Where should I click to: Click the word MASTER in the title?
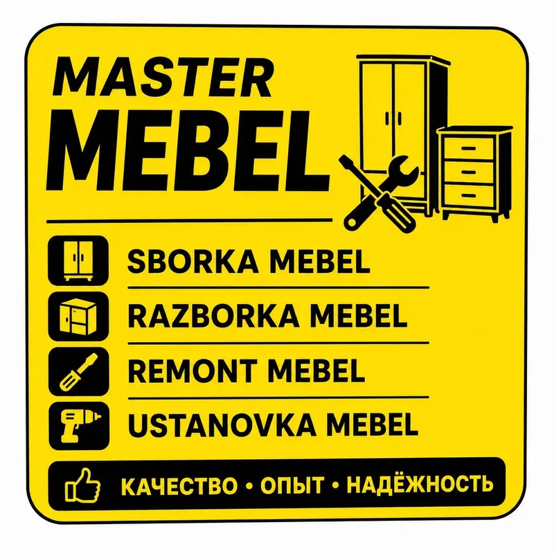tap(163, 77)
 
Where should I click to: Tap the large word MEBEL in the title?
tap(188, 151)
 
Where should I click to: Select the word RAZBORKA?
tap(213, 316)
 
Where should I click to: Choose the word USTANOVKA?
tap(222, 425)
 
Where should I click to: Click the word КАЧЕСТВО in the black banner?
tap(179, 485)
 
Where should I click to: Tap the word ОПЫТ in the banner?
tap(292, 485)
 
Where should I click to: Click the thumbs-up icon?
tap(82, 485)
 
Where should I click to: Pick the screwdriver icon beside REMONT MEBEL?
tap(78, 372)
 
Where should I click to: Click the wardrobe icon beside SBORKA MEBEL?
tap(78, 261)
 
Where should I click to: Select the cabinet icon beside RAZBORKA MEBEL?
tap(78, 316)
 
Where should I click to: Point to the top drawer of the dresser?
tap(469, 148)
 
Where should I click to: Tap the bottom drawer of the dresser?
tap(469, 195)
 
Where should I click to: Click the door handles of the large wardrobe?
tap(393, 118)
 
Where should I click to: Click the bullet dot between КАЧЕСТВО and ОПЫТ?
tap(249, 486)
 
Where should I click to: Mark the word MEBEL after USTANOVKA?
tap(372, 425)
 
